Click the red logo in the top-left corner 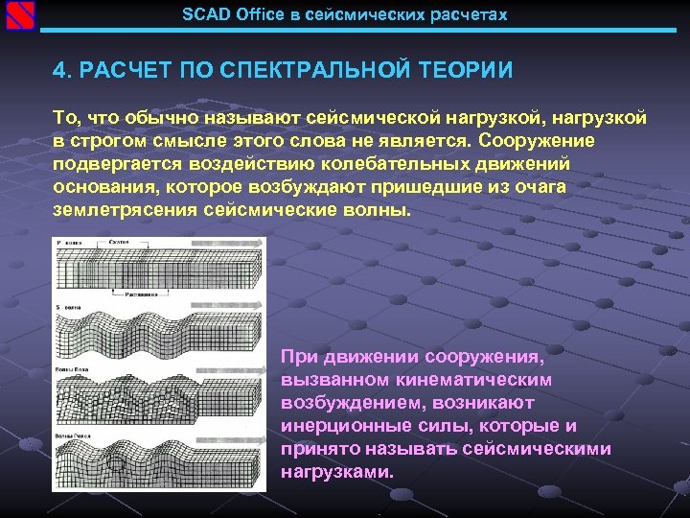(x=20, y=15)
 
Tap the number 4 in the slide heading (x=58, y=71)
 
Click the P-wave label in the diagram (x=70, y=245)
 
